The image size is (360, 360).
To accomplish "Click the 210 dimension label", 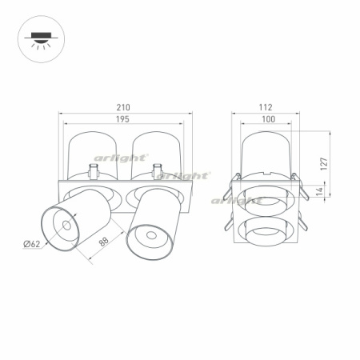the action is coord(123,107).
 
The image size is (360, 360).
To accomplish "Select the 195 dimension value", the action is coord(122,119).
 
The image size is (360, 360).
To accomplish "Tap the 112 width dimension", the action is coord(266,107).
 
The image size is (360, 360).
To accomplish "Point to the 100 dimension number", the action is coord(268,119).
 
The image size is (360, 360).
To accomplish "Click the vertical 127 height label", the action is coord(324,164).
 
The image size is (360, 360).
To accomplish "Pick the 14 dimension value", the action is coord(319,191).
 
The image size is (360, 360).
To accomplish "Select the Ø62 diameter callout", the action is coord(32,244).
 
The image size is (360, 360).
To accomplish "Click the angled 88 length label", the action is coord(104,242).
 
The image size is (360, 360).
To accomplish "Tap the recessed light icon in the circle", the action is coord(41,39).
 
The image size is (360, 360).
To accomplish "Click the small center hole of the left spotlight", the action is coord(66,226).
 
